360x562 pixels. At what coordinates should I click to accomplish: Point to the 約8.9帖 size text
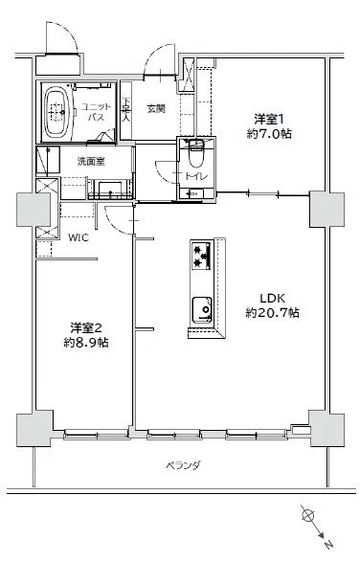pos(85,343)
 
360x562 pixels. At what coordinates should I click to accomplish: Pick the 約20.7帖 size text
pos(273,313)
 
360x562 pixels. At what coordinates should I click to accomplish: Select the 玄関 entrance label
pos(156,109)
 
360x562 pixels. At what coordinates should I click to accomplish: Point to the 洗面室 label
pos(91,161)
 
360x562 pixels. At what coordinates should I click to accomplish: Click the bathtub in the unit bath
pos(56,113)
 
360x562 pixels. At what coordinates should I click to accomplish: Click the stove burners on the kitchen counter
pos(201,254)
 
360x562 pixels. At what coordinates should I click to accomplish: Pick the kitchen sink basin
pos(202,309)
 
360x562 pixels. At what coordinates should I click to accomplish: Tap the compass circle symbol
pos(307,517)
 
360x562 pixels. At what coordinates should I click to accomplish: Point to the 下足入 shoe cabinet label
pos(127,111)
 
